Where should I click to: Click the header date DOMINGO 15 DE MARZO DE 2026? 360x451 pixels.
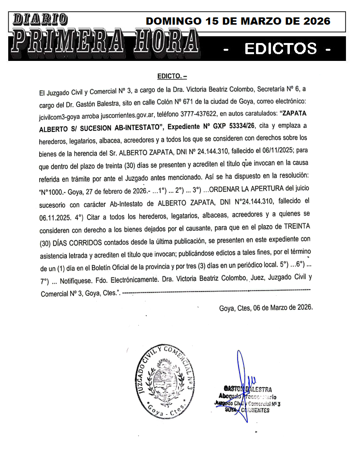point(238,21)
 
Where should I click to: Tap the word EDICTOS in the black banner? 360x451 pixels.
point(281,49)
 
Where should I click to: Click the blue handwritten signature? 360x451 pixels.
point(242,382)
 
